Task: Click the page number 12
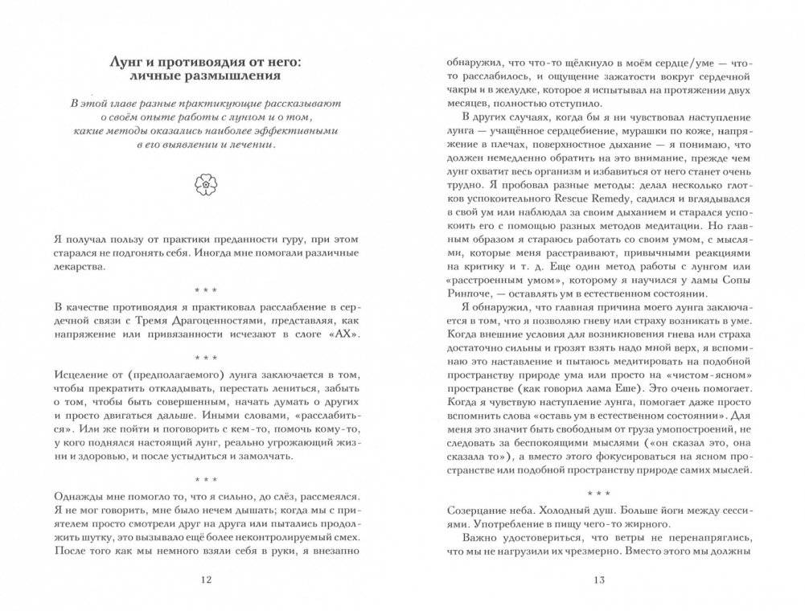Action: [x=206, y=580]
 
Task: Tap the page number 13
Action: [x=598, y=580]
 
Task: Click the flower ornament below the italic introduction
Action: [x=206, y=187]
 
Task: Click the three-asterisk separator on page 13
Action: [x=598, y=491]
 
